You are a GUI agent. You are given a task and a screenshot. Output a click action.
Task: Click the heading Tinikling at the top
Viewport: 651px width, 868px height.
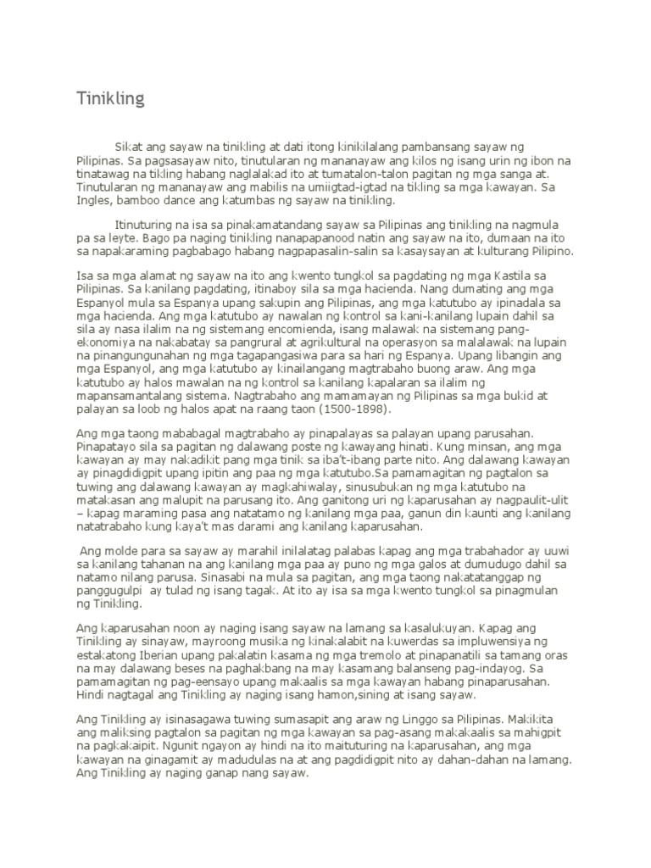pyautogui.click(x=107, y=100)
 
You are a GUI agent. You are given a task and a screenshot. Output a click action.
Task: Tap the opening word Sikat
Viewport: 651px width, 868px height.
pyautogui.click(x=128, y=148)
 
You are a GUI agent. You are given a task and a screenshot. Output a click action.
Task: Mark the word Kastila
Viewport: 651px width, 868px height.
pyautogui.click(x=510, y=275)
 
